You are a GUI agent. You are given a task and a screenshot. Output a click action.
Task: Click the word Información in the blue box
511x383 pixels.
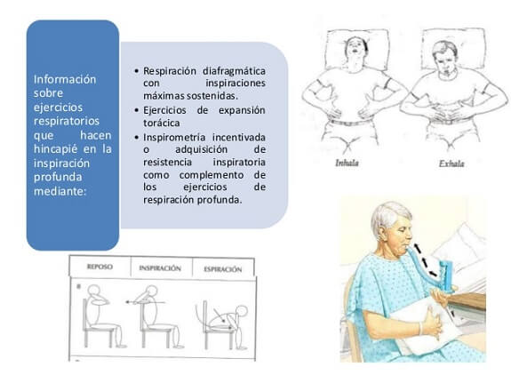click(65, 79)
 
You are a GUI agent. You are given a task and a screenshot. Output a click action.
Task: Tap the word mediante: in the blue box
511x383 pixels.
click(60, 191)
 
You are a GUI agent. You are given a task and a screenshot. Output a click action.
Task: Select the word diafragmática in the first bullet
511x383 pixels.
click(234, 71)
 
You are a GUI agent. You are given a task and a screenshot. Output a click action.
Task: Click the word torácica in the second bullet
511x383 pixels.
click(162, 123)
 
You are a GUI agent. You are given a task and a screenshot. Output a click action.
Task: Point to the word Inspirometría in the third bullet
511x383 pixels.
click(174, 138)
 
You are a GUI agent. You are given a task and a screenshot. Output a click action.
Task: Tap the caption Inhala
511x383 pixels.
click(347, 163)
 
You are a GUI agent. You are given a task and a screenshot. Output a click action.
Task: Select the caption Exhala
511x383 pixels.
click(451, 164)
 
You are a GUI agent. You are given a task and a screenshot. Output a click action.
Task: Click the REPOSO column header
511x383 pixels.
click(100, 267)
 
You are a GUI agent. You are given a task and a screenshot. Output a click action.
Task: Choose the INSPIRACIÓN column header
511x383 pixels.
click(160, 268)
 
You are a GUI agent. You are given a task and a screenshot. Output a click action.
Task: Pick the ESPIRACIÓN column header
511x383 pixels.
click(223, 269)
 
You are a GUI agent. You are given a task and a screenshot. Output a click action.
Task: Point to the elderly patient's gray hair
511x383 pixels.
click(388, 215)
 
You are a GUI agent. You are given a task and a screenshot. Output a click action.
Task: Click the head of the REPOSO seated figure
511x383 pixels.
click(94, 291)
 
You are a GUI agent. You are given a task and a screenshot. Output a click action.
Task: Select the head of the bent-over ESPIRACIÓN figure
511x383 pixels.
click(242, 311)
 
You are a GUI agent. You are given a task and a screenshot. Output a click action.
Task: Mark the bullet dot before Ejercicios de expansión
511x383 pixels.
click(137, 110)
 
